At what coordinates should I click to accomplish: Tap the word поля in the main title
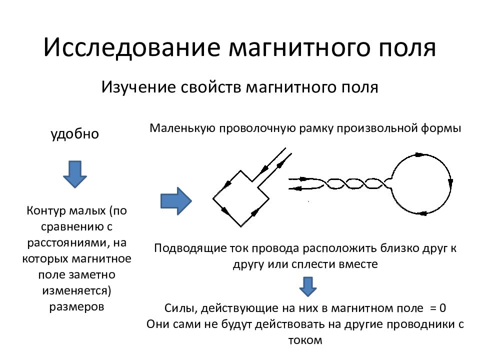407,49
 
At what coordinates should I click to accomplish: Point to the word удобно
74,134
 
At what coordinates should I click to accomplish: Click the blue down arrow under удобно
74,174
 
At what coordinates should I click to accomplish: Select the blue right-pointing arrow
176,201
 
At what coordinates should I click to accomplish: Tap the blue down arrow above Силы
307,286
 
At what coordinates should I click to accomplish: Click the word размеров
77,306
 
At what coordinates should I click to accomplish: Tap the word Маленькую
182,128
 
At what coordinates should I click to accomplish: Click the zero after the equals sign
442,308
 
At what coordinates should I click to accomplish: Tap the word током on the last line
305,340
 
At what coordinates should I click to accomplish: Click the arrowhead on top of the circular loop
419,155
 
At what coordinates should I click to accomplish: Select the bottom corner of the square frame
241,226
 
